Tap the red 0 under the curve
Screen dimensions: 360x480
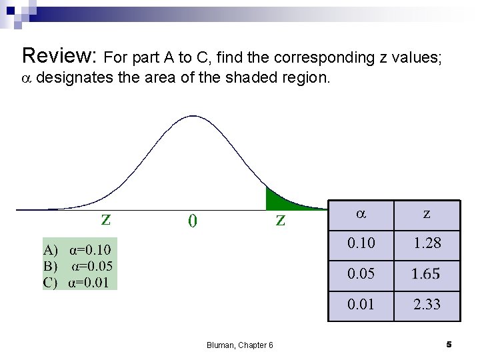192,221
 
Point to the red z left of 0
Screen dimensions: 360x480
106,219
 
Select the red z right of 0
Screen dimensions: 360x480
281,219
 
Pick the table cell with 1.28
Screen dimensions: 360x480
427,243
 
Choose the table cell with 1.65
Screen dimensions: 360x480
427,274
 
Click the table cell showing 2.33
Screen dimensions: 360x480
427,305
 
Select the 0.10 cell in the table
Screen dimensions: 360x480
361,243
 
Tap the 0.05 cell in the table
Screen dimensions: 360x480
361,274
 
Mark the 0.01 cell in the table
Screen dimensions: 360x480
361,305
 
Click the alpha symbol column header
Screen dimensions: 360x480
361,214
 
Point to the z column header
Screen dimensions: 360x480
427,214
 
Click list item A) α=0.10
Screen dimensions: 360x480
77,250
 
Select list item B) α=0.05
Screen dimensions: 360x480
78,266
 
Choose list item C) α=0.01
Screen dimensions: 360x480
77,281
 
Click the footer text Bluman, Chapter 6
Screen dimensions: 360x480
240,345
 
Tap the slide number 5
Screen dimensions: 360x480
449,344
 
